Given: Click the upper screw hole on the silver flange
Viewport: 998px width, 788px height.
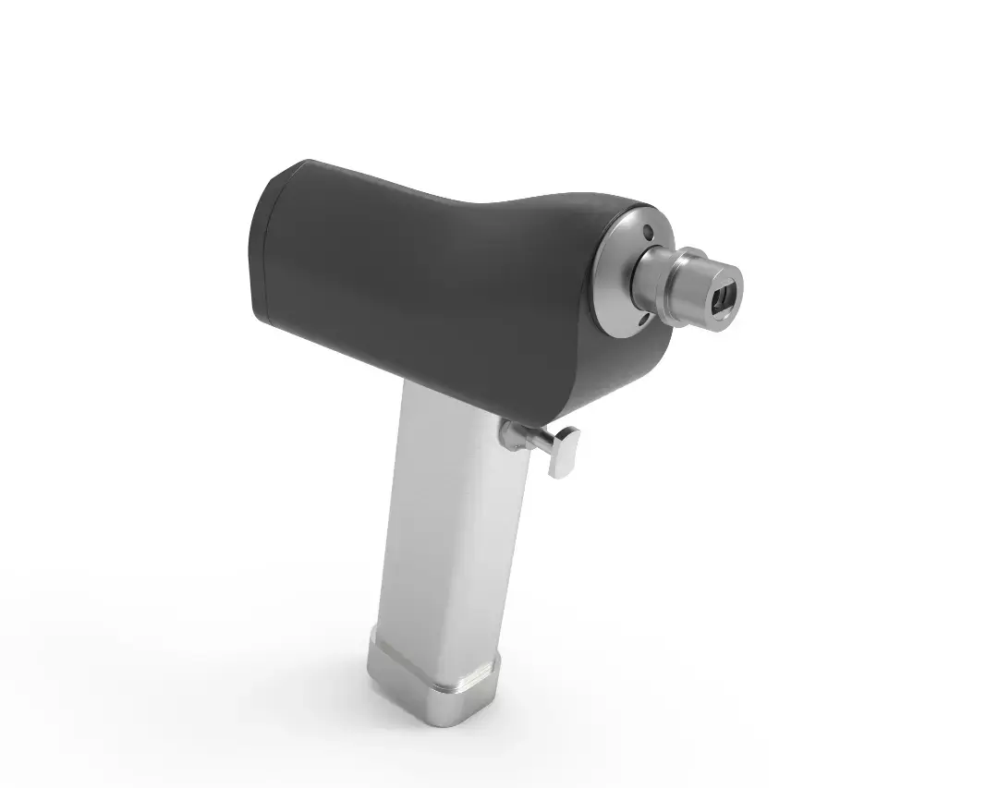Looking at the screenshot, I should coord(648,231).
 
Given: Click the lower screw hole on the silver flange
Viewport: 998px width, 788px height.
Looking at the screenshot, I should coord(643,317).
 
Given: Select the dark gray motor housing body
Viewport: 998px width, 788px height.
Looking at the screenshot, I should coord(416,277).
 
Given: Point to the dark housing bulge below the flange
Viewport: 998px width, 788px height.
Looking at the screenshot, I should coord(638,360).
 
